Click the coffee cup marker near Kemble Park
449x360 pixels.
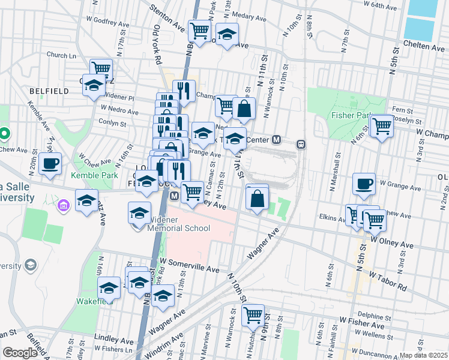tap(50, 163)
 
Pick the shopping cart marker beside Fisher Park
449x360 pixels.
tap(381, 127)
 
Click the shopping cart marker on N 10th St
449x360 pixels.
tap(253, 314)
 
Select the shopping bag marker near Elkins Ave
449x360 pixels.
tap(256, 197)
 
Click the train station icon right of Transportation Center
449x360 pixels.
tap(301, 144)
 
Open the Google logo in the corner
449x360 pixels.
tap(20, 353)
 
